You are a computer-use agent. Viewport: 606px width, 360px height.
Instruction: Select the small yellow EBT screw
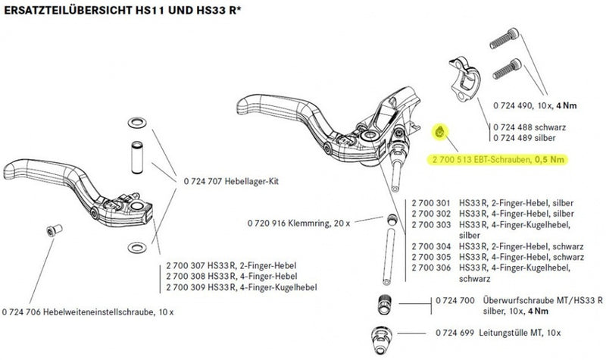pos(441,133)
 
